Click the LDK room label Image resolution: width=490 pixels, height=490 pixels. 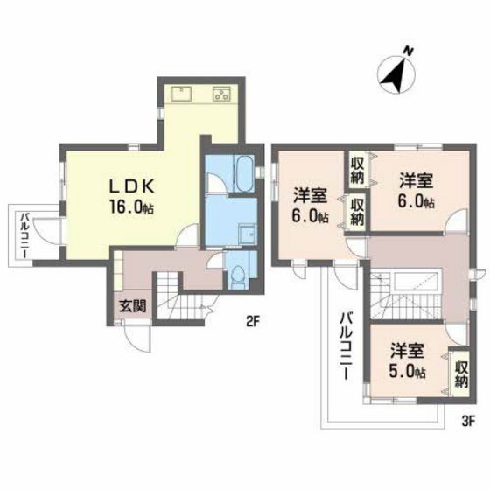(x=131, y=185)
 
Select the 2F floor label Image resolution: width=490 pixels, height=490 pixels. (x=254, y=321)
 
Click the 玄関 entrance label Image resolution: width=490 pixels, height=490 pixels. (x=134, y=307)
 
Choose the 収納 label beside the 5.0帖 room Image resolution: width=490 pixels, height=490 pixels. (x=461, y=370)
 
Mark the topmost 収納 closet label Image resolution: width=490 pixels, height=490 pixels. (x=357, y=167)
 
